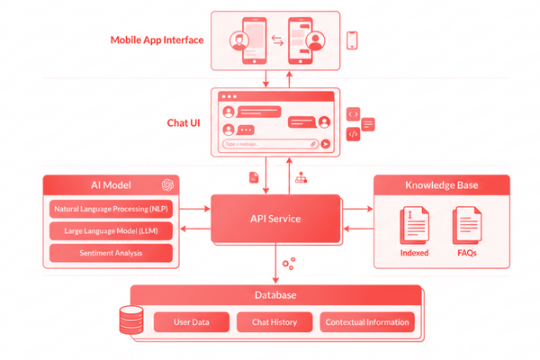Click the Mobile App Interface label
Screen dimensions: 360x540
[157, 40]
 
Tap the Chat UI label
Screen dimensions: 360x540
[184, 121]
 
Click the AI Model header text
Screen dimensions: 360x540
[111, 185]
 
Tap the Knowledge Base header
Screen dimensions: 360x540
[443, 185]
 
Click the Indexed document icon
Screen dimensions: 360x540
[414, 225]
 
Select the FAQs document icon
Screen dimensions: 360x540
[467, 225]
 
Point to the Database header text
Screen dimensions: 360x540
[274, 295]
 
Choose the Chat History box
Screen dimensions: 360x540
[274, 321]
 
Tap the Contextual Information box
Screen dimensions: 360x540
[367, 321]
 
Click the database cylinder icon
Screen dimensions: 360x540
[130, 319]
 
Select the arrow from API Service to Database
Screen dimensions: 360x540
[274, 265]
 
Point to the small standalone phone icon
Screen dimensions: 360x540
[353, 40]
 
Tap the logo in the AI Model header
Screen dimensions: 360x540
[166, 185]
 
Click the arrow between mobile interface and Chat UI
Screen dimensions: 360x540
[266, 80]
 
